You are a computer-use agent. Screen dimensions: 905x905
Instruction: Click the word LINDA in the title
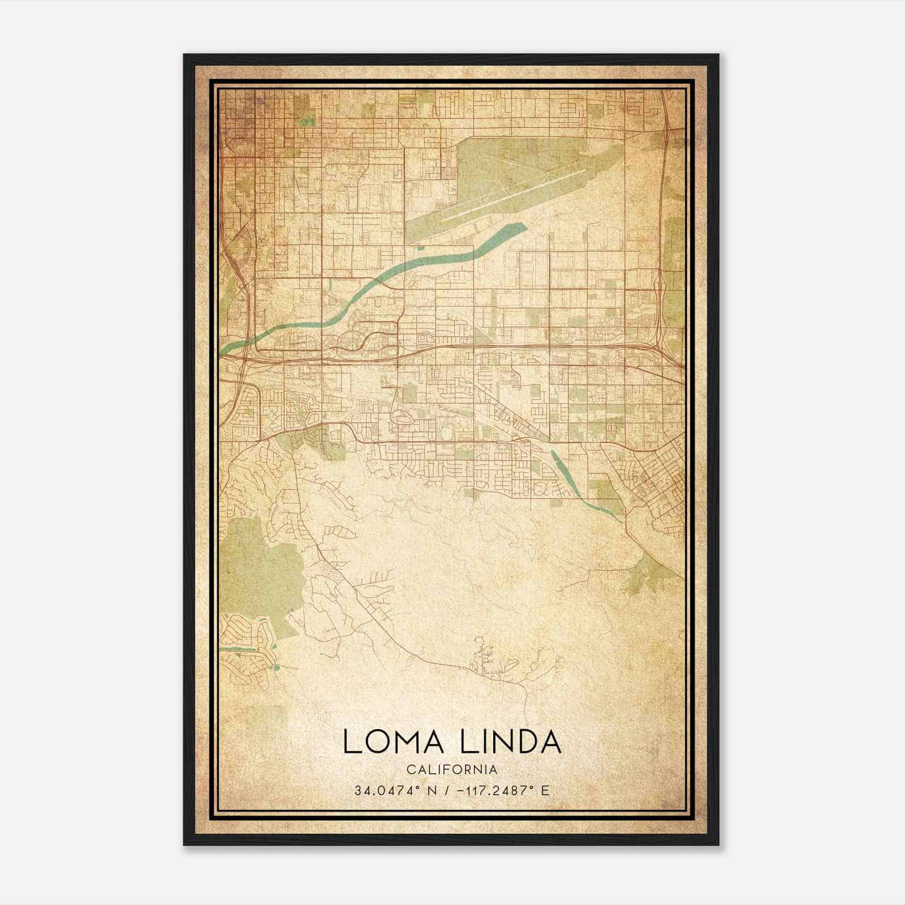pos(511,742)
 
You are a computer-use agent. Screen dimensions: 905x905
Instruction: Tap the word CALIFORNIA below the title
pos(452,770)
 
